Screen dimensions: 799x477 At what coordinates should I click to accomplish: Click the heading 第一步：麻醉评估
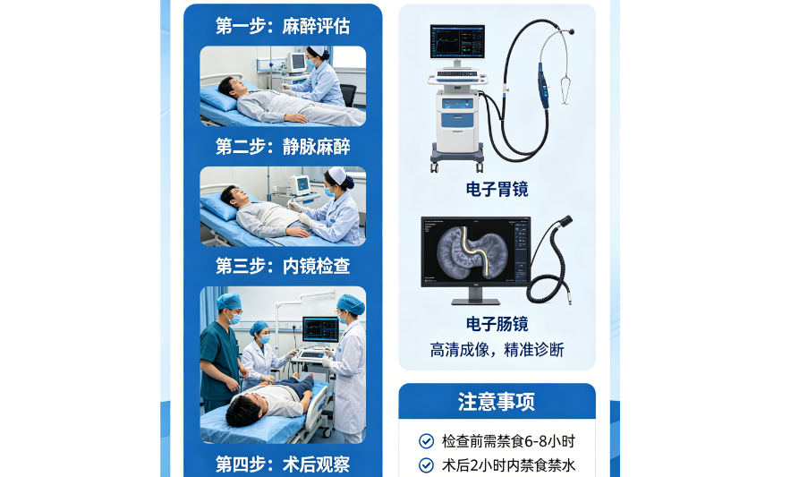[283, 26]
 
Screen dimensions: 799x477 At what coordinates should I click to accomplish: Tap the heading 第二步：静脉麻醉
[283, 147]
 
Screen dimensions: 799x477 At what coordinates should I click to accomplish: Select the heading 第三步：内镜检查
[283, 266]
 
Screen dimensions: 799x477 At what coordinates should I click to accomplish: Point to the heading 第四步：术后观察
[283, 464]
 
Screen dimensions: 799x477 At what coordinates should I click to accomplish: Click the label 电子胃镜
[497, 189]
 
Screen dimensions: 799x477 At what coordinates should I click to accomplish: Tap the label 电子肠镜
[497, 324]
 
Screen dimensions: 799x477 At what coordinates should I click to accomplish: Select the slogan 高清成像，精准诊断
[497, 350]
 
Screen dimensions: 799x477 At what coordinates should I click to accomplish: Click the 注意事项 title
[497, 402]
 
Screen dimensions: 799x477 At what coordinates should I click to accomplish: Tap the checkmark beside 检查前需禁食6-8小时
[426, 441]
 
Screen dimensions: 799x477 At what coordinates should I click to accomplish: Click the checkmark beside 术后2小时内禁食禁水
[426, 465]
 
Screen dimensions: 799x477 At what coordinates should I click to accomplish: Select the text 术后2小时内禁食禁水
[508, 465]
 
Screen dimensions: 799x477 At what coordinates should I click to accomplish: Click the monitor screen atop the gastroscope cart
[457, 42]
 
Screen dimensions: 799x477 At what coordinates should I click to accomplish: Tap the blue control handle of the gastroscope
[543, 85]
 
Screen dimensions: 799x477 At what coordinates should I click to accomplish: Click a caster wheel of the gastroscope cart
[434, 166]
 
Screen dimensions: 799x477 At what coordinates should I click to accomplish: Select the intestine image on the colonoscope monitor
[472, 251]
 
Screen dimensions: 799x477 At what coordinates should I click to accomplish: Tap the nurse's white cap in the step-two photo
[337, 175]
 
